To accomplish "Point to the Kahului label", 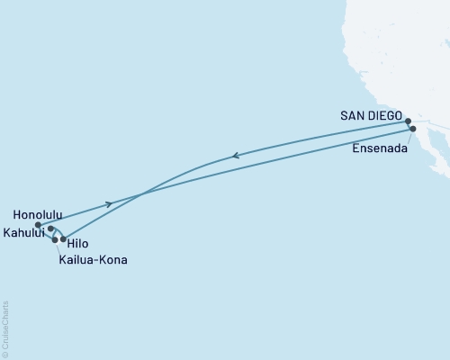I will (24, 231).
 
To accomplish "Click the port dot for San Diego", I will (408, 121).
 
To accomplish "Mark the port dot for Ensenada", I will (413, 129).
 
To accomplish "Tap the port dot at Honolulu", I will (38, 225).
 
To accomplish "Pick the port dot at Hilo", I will (63, 238).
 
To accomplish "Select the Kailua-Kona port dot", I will (56, 240).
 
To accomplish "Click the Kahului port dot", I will (50, 229).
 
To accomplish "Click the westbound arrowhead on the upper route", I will (235, 156).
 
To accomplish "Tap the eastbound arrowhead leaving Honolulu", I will (109, 204).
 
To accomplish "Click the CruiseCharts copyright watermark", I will (5, 329).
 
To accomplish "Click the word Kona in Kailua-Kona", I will (112, 260).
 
